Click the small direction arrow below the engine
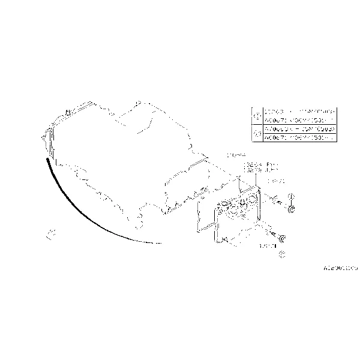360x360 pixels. (51, 232)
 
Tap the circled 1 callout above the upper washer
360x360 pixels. (292, 196)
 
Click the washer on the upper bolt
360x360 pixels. (292, 209)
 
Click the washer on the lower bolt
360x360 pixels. (283, 241)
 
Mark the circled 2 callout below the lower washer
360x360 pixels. (283, 254)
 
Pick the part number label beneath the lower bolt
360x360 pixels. (266, 246)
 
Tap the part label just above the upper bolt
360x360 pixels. (275, 181)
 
